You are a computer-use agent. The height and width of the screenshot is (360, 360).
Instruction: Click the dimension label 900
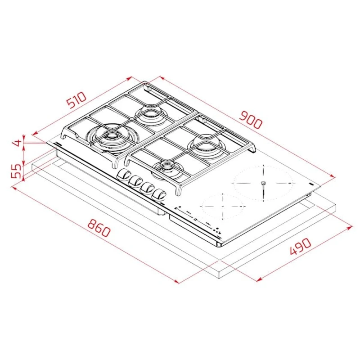250,117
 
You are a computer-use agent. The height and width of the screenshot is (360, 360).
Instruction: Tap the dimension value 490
298,248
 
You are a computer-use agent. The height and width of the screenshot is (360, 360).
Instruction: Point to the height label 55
16,170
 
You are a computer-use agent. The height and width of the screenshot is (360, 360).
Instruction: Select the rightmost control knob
159,194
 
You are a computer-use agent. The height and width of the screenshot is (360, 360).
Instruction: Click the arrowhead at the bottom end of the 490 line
258,281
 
